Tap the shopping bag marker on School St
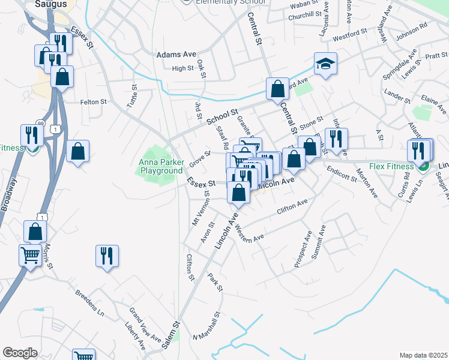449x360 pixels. pyautogui.click(x=277, y=89)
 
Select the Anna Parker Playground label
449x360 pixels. pyautogui.click(x=160, y=166)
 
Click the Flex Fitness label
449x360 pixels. pyautogui.click(x=392, y=166)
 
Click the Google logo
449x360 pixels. pyautogui.click(x=20, y=353)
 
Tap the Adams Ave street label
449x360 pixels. pyautogui.click(x=176, y=55)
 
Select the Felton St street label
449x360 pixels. pyautogui.click(x=93, y=102)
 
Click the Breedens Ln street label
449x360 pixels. pyautogui.click(x=90, y=304)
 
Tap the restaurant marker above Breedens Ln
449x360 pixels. pyautogui.click(x=107, y=256)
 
